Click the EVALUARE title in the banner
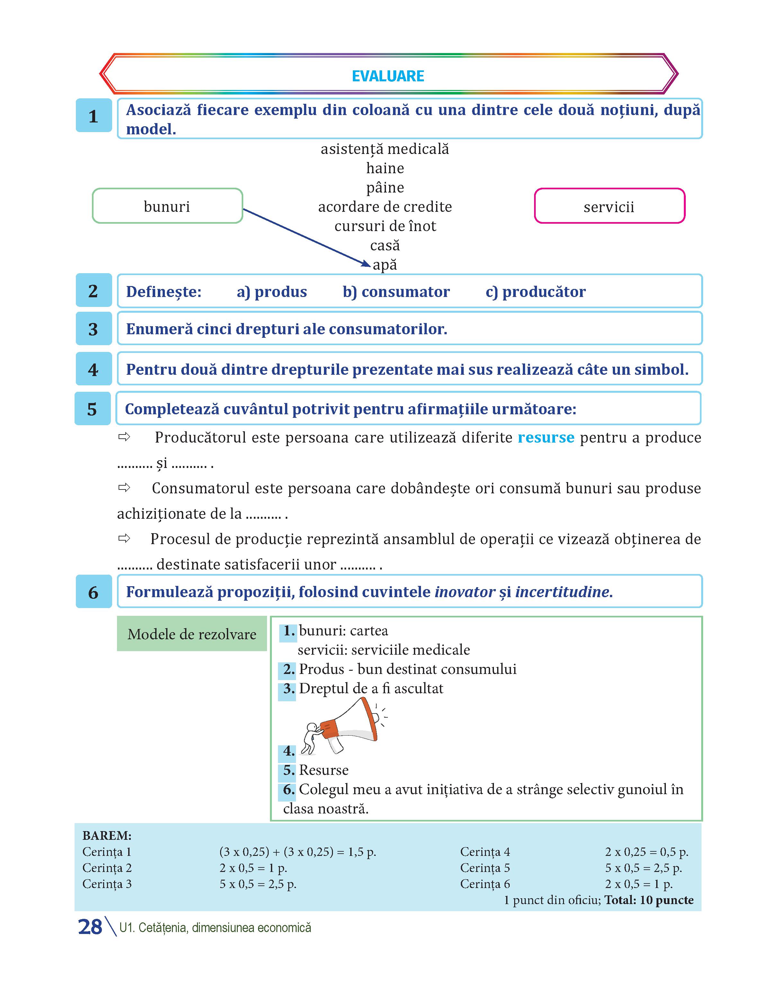pyautogui.click(x=388, y=76)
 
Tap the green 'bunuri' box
pyautogui.click(x=167, y=206)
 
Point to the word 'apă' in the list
pyautogui.click(x=385, y=265)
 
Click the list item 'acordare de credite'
pyautogui.click(x=385, y=207)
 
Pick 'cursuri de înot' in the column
pyautogui.click(x=385, y=226)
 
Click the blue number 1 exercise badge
pyautogui.click(x=94, y=116)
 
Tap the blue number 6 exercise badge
pyautogui.click(x=94, y=592)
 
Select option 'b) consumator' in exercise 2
pyautogui.click(x=396, y=292)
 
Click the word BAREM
pyautogui.click(x=107, y=835)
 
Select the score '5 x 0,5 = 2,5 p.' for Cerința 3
pyautogui.click(x=258, y=884)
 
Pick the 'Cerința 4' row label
pyautogui.click(x=485, y=852)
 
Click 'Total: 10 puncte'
pyautogui.click(x=648, y=900)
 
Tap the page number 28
pyautogui.click(x=90, y=927)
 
